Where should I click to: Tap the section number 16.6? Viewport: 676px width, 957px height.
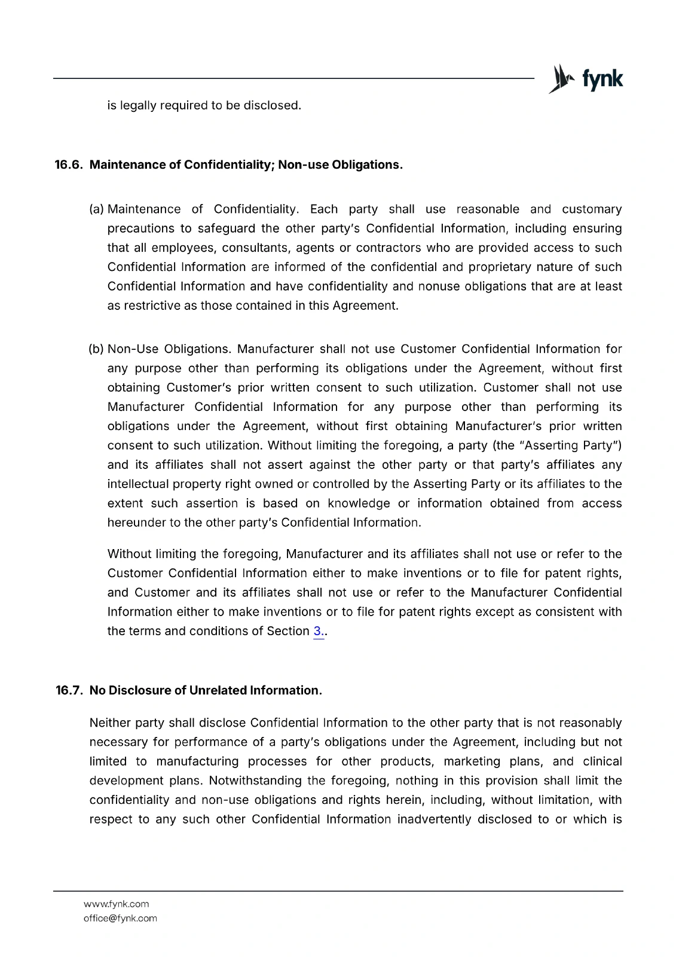[x=68, y=165]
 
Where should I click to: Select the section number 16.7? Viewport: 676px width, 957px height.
[x=69, y=691]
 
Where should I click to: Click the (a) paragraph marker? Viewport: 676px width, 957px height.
[x=96, y=209]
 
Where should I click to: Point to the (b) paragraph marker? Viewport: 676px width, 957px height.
[x=96, y=349]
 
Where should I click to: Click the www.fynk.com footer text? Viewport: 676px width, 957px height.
[x=116, y=904]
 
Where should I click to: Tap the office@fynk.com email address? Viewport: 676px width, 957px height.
[x=120, y=919]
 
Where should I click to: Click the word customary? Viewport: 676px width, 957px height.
[x=592, y=209]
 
